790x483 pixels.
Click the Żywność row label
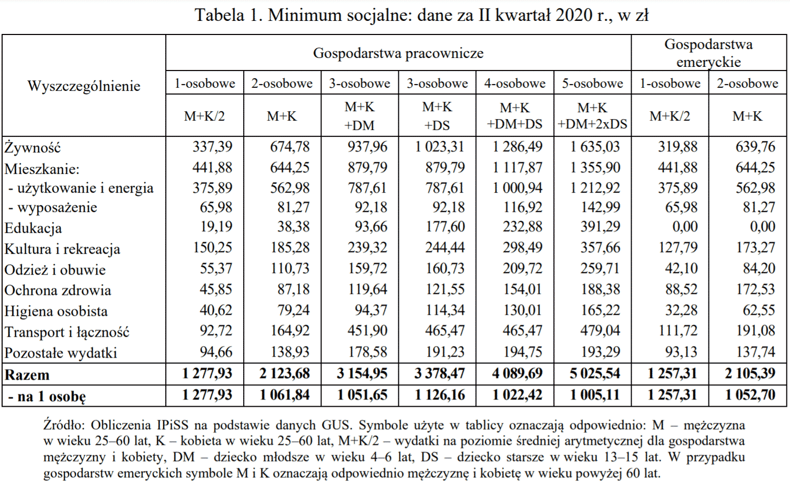pyautogui.click(x=32, y=148)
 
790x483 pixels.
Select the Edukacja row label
pyautogui.click(x=33, y=228)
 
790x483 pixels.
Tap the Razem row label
pyautogui.click(x=27, y=375)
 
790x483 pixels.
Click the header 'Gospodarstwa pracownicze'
pyautogui.click(x=398, y=53)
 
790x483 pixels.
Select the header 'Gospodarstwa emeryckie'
pyautogui.click(x=708, y=53)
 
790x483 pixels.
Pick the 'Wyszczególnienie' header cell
pyautogui.click(x=84, y=86)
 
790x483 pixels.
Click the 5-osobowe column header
pyautogui.click(x=592, y=84)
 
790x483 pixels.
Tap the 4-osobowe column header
pyautogui.click(x=514, y=84)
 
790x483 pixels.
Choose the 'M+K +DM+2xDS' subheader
pyautogui.click(x=592, y=115)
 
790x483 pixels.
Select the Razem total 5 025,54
pyautogui.click(x=595, y=374)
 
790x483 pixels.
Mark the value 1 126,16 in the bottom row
pyautogui.click(x=440, y=395)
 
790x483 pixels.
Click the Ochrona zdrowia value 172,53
pyautogui.click(x=755, y=289)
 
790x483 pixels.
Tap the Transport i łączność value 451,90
pyautogui.click(x=368, y=331)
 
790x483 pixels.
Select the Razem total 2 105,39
pyautogui.click(x=750, y=374)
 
